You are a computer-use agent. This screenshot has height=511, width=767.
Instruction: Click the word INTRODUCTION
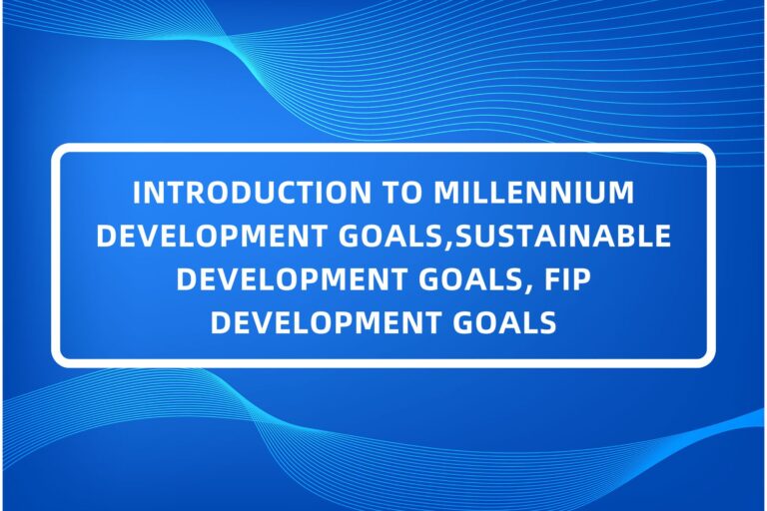click(x=234, y=191)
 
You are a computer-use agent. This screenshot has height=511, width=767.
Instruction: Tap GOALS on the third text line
click(x=440, y=279)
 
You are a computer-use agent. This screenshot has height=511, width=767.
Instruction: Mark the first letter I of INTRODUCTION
click(x=137, y=191)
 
